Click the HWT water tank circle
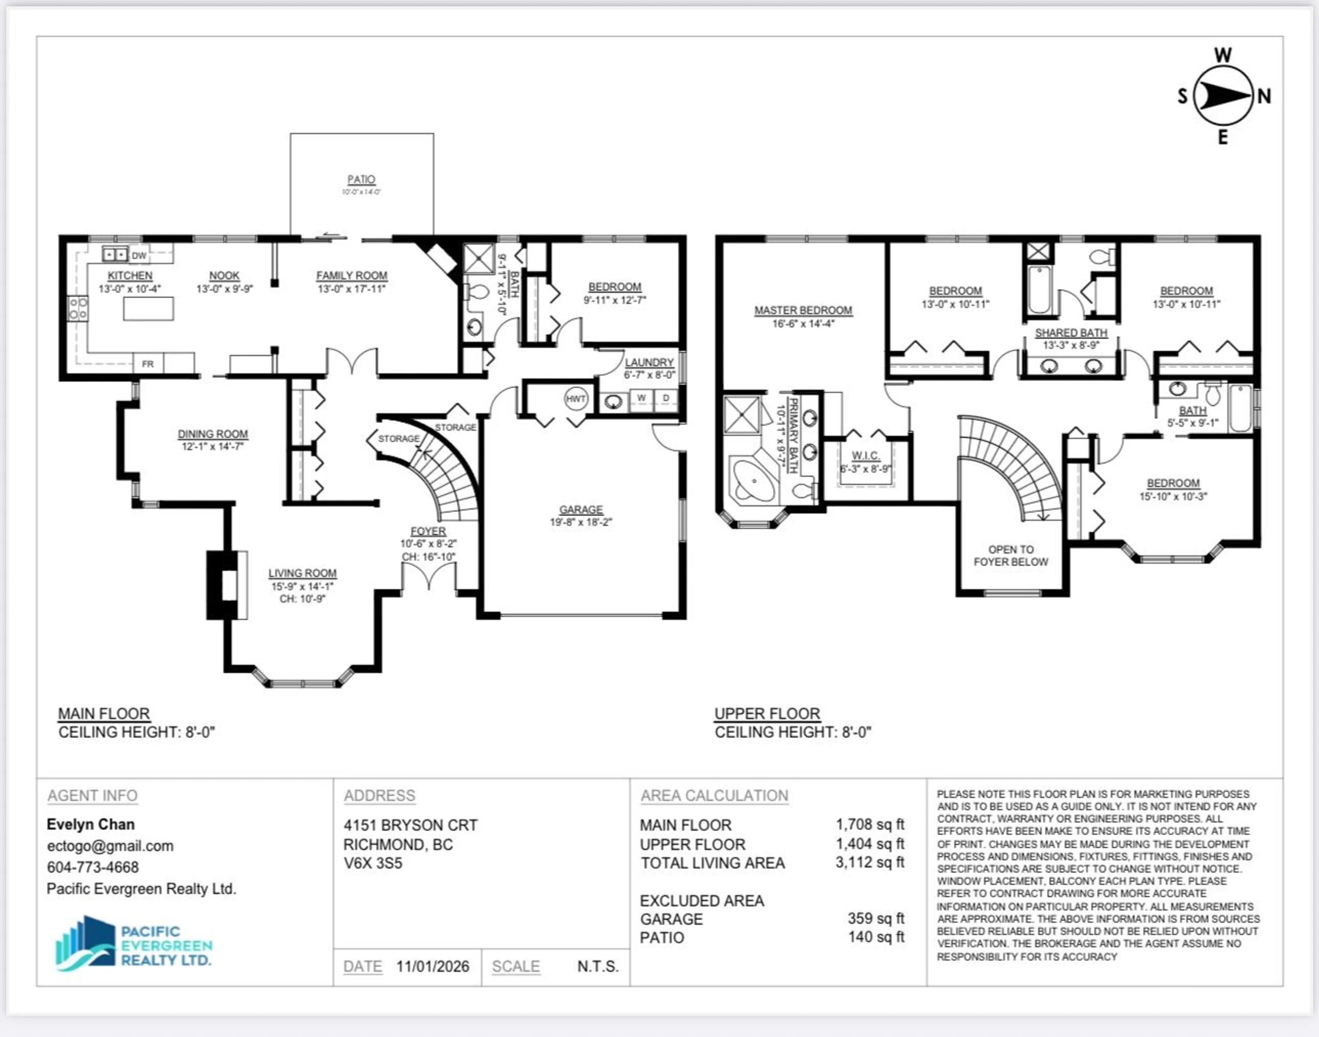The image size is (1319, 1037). coord(575,399)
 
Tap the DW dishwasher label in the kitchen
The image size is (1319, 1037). coord(139,256)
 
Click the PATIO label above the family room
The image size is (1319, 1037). coord(361,180)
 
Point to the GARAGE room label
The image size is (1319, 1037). coord(581,509)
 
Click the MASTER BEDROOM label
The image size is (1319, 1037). coord(803,310)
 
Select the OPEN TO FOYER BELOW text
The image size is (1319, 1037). coord(1011,556)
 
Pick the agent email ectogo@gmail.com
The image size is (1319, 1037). coord(110,846)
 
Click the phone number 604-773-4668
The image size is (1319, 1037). coord(93,867)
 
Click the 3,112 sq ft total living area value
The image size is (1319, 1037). coord(869,862)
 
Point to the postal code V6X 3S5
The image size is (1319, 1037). coord(373,863)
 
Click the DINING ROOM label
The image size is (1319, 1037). coord(212,434)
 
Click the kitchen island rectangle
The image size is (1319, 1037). coord(148,309)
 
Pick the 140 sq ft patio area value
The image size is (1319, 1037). coord(876,937)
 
